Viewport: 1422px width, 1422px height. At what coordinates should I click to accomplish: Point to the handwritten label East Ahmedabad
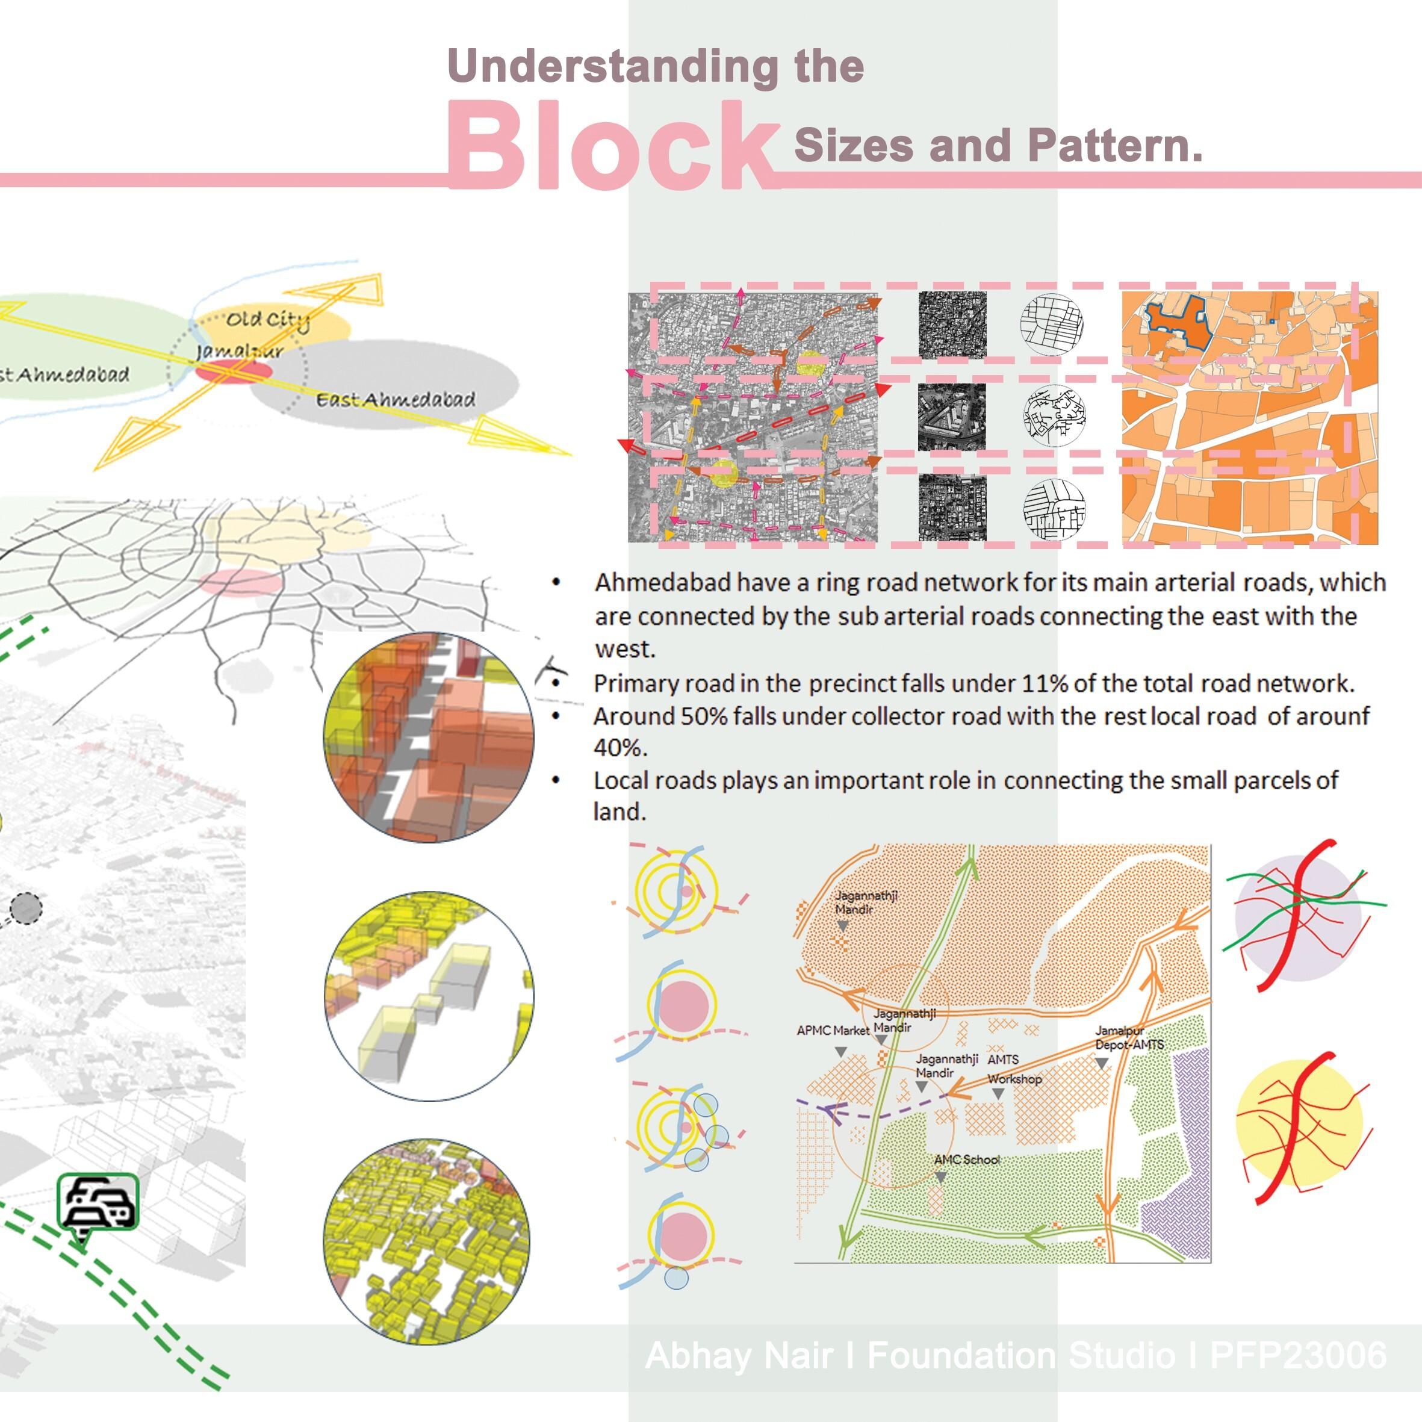click(396, 400)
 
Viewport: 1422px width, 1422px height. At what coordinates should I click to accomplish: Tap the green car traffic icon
click(98, 1201)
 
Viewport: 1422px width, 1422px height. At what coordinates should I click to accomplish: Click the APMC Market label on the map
click(833, 1031)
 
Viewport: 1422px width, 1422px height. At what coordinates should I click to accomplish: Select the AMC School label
click(966, 1160)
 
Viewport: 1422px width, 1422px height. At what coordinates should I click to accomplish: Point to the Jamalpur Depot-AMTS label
click(1129, 1038)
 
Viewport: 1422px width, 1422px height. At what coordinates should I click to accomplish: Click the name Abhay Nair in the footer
click(738, 1356)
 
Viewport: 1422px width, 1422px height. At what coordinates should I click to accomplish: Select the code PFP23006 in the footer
click(1297, 1356)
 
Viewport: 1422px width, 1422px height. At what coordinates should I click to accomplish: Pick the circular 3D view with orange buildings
click(429, 737)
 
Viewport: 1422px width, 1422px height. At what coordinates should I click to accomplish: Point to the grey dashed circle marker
click(26, 908)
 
